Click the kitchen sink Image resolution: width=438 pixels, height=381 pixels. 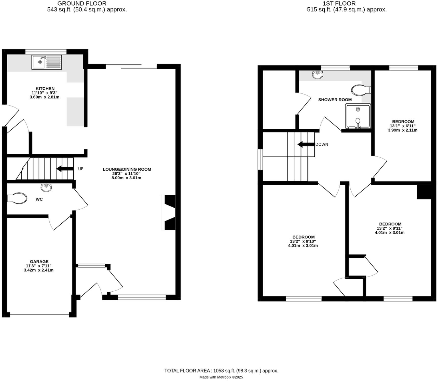point(47,62)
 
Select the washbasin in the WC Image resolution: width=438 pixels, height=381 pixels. point(46,188)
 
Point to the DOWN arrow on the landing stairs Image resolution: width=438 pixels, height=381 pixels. point(306,144)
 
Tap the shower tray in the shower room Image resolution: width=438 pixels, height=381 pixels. point(358,116)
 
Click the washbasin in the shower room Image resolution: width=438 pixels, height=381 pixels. point(318,75)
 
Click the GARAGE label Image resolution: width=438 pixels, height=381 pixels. point(39,262)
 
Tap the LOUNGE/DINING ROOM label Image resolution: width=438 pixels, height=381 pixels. point(127,169)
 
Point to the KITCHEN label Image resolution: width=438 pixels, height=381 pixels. point(45,88)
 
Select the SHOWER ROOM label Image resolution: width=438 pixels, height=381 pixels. point(335,100)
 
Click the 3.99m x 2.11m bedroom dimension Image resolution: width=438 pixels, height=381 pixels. point(403,130)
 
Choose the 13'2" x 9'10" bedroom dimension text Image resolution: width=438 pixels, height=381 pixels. point(303,241)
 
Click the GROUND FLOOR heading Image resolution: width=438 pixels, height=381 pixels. point(82,4)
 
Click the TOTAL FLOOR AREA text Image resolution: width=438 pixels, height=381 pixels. point(221,371)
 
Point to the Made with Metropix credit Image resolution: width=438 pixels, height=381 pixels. point(221,377)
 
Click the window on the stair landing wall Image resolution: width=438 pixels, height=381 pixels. point(260,159)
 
